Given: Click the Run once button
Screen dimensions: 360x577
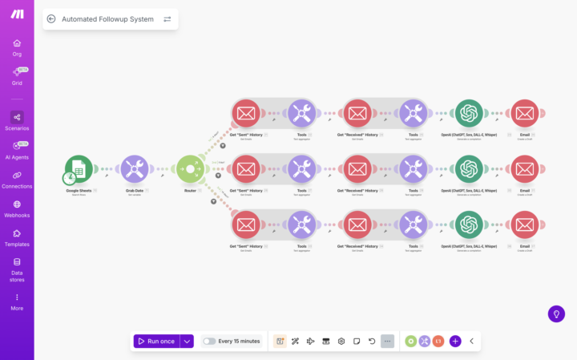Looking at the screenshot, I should [156, 341].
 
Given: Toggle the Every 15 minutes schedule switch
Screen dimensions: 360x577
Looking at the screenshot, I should [209, 341].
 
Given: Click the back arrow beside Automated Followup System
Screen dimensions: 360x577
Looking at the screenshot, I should [51, 19].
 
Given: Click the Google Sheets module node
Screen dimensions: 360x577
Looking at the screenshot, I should [79, 169].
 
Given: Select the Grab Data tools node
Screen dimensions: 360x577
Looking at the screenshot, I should [134, 169].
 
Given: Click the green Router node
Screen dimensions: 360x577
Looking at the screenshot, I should [190, 169].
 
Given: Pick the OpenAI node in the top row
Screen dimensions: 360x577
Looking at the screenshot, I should [468, 113].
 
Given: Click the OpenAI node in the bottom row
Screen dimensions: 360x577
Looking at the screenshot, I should [468, 224].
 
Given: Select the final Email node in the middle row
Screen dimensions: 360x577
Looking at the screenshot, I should [524, 169].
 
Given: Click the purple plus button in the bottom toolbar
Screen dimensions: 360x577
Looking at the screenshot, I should [455, 341].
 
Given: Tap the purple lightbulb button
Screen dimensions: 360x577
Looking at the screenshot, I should [556, 314].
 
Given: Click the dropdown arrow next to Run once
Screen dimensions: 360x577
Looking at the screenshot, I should [188, 341].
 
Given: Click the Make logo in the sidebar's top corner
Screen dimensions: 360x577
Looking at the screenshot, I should [17, 14].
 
